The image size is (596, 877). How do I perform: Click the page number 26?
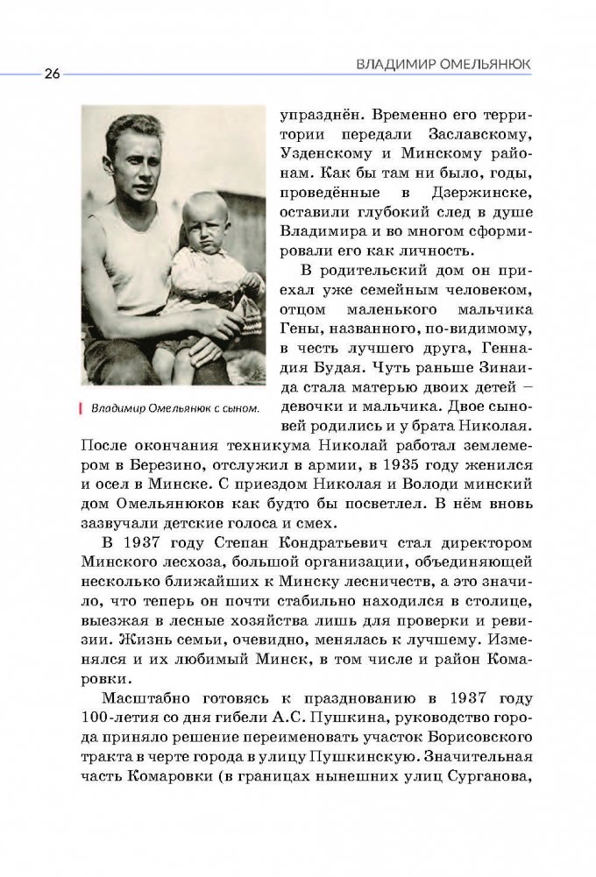click(48, 74)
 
